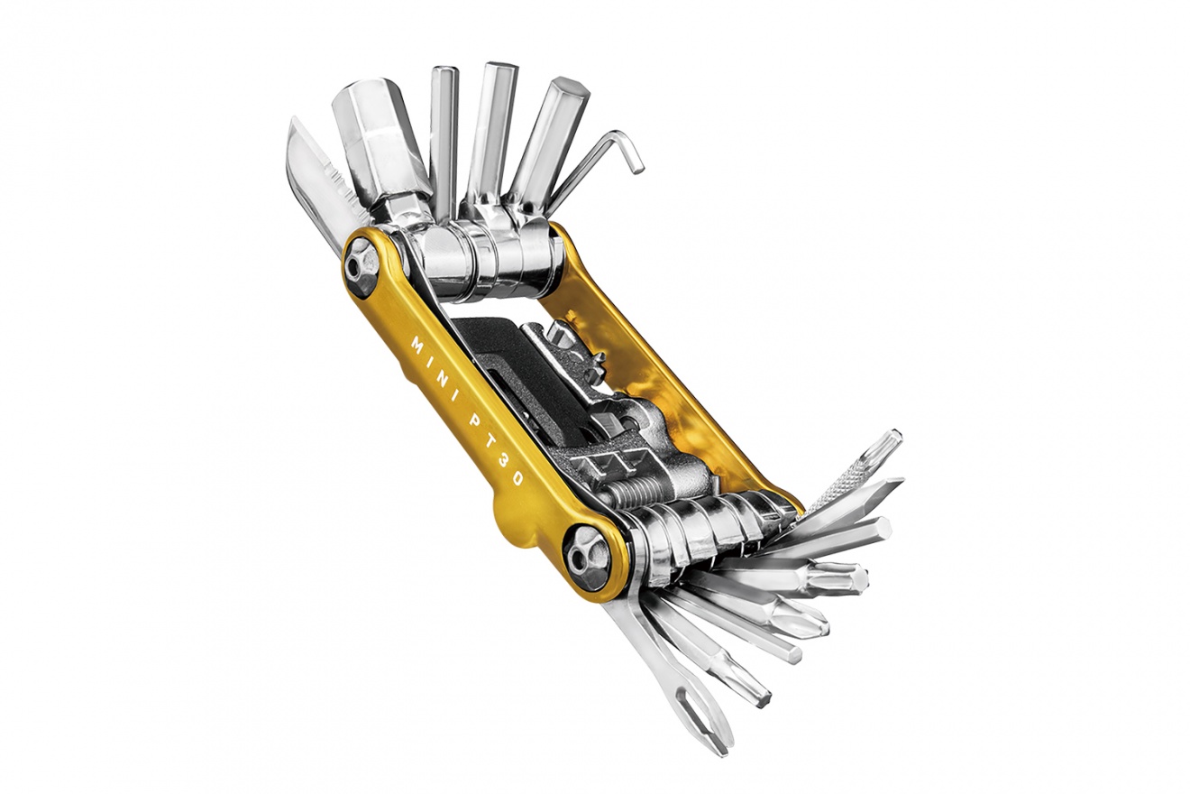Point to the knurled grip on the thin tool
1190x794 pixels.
click(844, 483)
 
